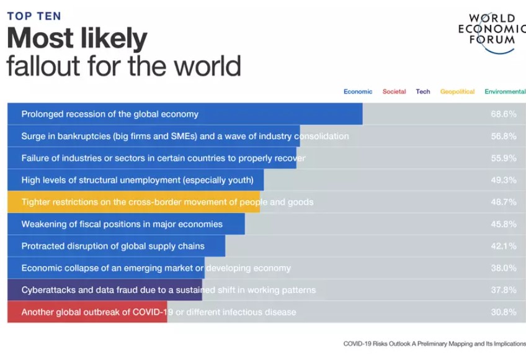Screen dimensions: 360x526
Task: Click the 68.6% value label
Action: click(x=503, y=114)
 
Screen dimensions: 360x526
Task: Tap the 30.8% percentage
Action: click(x=503, y=312)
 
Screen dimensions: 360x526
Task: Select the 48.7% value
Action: click(x=503, y=202)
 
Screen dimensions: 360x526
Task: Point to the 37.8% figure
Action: click(x=503, y=290)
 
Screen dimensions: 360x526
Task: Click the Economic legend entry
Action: click(x=358, y=92)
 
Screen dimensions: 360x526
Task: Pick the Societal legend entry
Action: click(x=394, y=92)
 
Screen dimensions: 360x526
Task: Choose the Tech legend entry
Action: click(x=423, y=92)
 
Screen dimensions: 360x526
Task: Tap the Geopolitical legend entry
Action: click(x=457, y=92)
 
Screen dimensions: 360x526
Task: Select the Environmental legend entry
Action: click(x=505, y=92)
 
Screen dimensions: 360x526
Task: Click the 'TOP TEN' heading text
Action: click(x=34, y=16)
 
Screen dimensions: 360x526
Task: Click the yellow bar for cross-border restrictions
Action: click(x=133, y=202)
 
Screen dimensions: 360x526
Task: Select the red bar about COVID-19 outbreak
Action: click(x=87, y=312)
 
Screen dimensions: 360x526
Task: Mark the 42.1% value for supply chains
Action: click(x=503, y=246)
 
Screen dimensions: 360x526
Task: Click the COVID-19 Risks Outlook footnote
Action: click(x=434, y=343)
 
